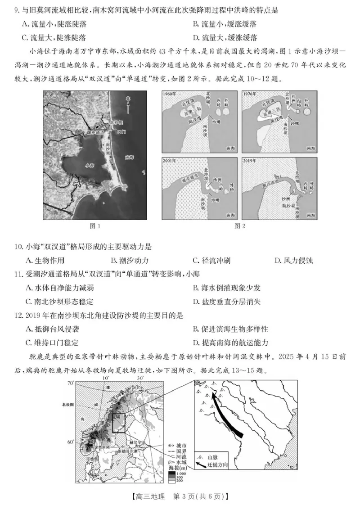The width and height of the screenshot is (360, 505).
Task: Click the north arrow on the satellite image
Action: click(x=128, y=105)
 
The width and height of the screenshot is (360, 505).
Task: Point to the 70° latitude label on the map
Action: click(x=70, y=383)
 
